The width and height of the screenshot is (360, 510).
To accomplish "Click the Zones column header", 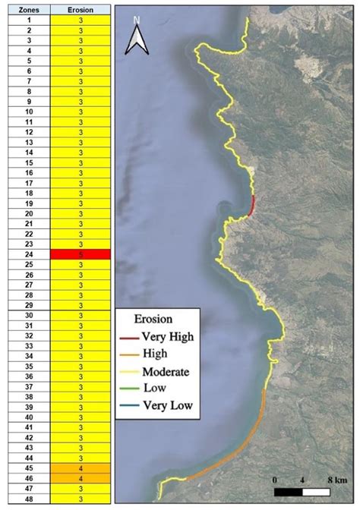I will point(28,10).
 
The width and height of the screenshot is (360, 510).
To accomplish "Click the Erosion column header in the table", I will point(81,10).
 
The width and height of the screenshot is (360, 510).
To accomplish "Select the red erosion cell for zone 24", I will point(81,254).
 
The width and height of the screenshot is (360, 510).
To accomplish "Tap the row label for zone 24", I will point(28,254).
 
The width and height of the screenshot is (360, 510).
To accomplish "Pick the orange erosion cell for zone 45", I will point(81,468).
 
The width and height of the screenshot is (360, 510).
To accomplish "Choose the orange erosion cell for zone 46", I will point(81,478).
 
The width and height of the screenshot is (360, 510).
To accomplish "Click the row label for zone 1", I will point(28,20).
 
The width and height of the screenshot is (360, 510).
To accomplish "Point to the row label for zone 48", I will point(28,499).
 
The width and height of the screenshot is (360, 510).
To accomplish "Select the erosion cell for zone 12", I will point(81,132).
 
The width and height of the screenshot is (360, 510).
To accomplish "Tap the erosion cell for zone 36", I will point(81,376).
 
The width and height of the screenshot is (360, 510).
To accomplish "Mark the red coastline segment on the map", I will point(253,205).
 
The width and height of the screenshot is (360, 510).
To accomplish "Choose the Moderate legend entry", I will point(155,372).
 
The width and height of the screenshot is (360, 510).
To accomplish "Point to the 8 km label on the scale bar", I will point(336,480).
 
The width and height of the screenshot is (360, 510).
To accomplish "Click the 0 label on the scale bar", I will point(274,480).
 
